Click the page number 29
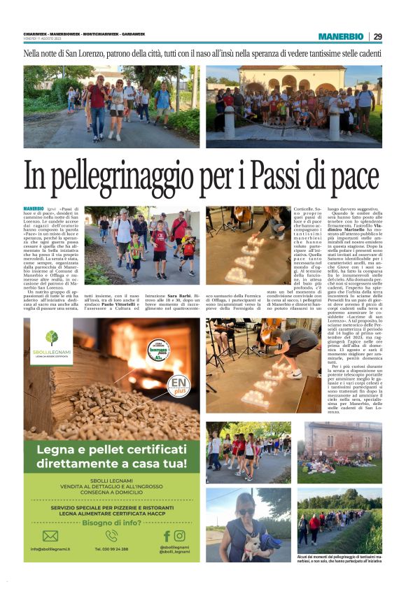[x=377, y=36]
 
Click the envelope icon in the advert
[x=50, y=536]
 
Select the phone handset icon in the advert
[x=112, y=536]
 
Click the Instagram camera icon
[x=180, y=536]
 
